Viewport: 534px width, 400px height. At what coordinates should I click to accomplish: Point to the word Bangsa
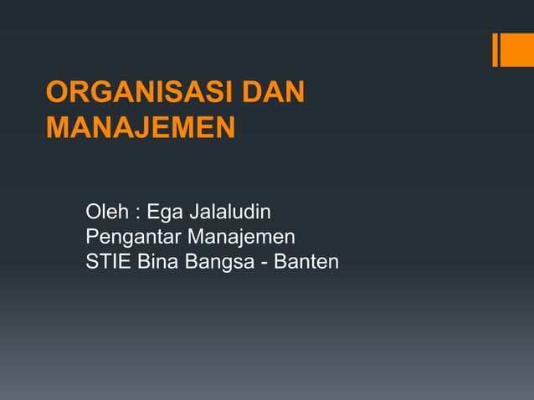[219, 264]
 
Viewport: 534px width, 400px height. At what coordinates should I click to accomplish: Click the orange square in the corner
[515, 49]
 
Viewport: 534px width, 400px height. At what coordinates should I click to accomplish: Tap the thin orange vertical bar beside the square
[495, 49]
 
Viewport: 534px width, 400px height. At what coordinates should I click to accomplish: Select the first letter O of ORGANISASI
[58, 94]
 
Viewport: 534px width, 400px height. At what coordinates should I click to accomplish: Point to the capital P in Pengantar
[92, 236]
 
